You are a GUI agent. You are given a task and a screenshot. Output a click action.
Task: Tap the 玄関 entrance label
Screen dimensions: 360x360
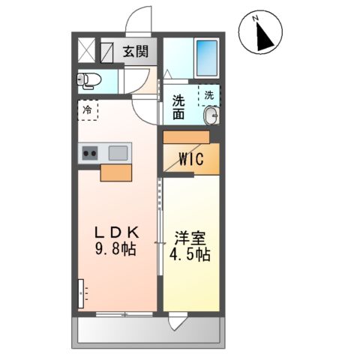136,52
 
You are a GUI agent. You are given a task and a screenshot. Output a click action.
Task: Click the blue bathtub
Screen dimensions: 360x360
206,53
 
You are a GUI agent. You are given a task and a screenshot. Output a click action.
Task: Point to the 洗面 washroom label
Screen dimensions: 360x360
179,108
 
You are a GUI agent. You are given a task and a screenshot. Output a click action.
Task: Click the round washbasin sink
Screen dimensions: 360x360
211,115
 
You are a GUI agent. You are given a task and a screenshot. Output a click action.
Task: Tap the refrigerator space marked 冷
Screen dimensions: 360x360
87,110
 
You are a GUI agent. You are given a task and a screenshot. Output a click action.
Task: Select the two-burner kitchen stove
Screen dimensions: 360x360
89,154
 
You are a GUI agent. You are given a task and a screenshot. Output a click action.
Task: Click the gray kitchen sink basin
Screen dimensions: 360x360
118,154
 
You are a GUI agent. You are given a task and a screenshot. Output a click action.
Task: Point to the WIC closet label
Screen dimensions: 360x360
192,159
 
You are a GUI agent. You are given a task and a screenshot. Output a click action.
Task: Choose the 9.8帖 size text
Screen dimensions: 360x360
115,249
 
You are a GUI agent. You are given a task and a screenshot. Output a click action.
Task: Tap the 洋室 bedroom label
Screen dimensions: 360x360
191,238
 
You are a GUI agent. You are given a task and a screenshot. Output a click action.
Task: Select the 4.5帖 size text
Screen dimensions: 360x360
191,255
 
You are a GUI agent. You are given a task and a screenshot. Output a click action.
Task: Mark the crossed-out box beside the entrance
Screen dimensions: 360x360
87,53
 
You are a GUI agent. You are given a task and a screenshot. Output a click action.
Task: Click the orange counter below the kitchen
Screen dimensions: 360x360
116,172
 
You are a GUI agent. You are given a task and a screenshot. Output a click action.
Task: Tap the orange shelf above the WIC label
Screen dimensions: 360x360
186,136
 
